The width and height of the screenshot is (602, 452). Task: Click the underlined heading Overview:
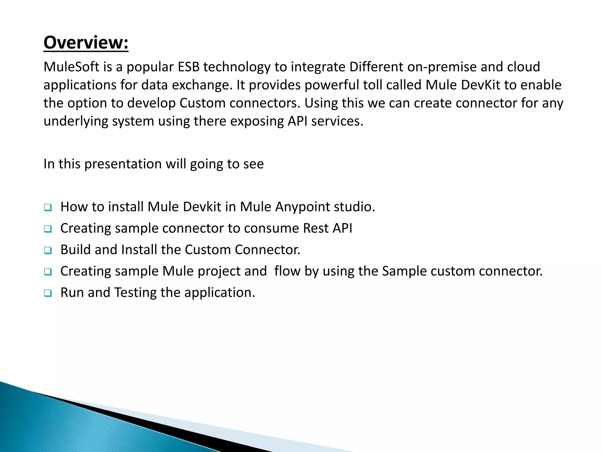point(86,43)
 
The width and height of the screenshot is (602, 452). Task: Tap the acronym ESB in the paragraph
point(188,67)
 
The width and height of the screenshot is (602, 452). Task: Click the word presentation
point(123,164)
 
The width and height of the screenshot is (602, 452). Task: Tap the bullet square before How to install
point(48,208)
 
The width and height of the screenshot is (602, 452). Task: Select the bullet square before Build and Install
point(48,251)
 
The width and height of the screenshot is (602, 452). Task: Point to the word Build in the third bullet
point(76,250)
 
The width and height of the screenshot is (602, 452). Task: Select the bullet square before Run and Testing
point(48,294)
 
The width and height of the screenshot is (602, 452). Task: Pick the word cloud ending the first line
point(524,67)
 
